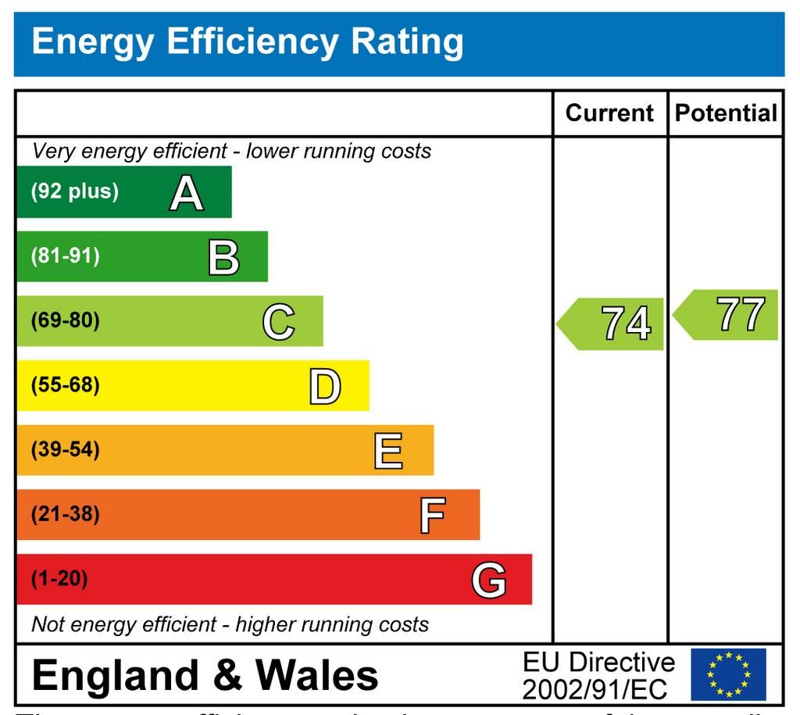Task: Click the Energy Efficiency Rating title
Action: point(247,41)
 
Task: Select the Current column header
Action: point(609,113)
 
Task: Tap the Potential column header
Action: point(726,113)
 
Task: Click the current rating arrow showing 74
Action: point(611,323)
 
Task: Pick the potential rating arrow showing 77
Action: point(726,314)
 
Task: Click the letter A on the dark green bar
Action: point(186,192)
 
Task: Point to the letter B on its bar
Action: point(223,257)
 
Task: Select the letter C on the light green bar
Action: point(279,321)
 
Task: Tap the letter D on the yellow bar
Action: point(325,386)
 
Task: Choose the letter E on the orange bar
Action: point(388,451)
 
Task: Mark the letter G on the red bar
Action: point(489,580)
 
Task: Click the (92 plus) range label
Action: point(75,192)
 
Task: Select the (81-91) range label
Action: point(66,256)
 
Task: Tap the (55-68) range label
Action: point(66,385)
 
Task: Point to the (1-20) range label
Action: point(59,580)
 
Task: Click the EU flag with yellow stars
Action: point(728,674)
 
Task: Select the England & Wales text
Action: point(205,675)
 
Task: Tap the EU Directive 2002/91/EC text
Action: point(598,675)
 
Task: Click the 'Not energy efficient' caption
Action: point(230,625)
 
